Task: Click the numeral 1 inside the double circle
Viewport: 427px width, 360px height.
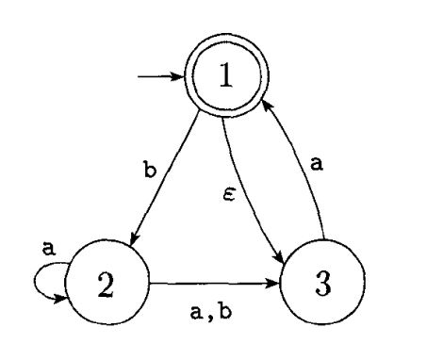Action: point(224,77)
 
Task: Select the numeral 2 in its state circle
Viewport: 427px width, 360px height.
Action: point(106,286)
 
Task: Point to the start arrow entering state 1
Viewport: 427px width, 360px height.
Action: point(160,77)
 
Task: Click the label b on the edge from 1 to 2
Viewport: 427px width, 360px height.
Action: point(149,172)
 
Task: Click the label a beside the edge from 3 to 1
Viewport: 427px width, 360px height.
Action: point(318,162)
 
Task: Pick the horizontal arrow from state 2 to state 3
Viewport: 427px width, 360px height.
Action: point(212,281)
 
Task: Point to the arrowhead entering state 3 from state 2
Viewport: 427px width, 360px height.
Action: point(273,281)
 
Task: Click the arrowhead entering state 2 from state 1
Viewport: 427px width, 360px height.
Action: point(134,242)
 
